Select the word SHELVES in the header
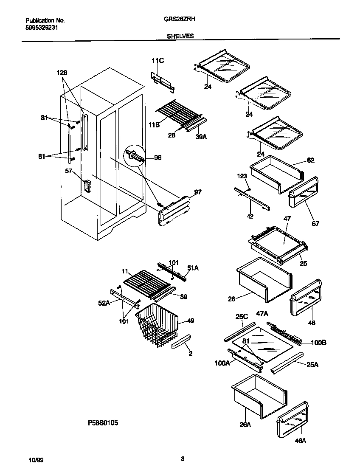pyautogui.click(x=180, y=36)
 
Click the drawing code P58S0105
pyautogui.click(x=103, y=423)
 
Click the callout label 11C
pyautogui.click(x=157, y=62)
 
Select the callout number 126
pyautogui.click(x=62, y=73)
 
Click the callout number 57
pyautogui.click(x=68, y=171)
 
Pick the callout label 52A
pyautogui.click(x=104, y=302)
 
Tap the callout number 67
pyautogui.click(x=315, y=223)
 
